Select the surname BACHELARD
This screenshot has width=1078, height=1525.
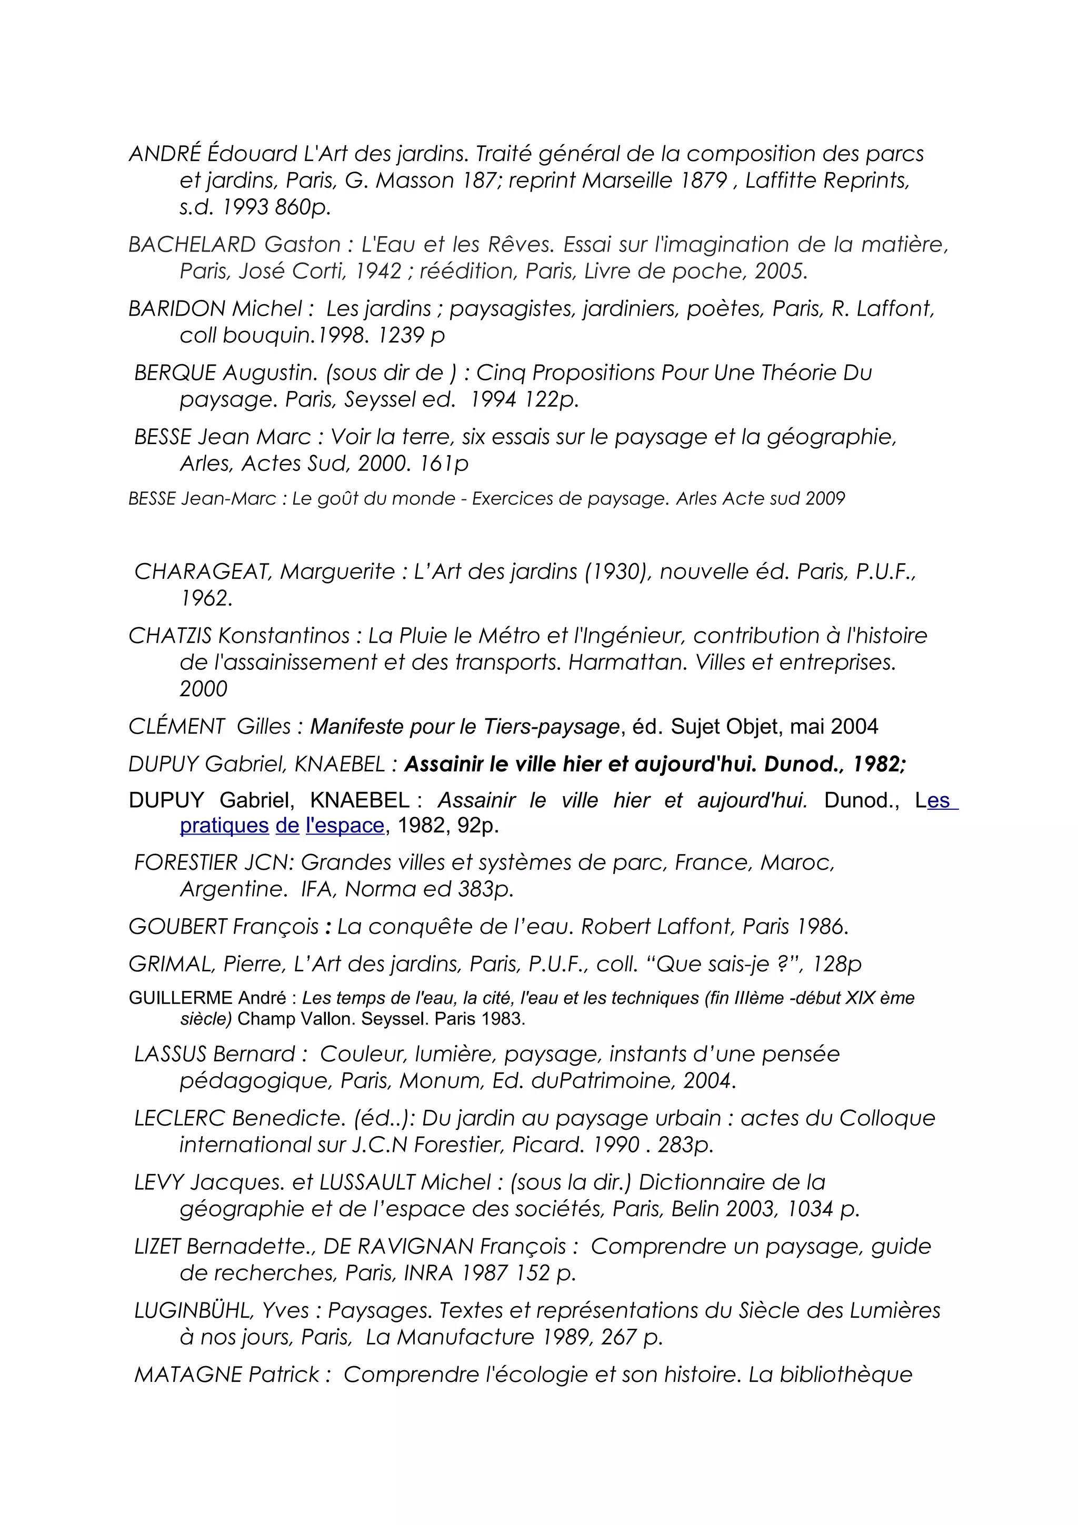[191, 245]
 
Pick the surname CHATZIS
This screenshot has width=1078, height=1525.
[170, 636]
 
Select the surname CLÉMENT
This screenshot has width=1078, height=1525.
[177, 727]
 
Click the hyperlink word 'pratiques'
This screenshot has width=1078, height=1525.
[224, 826]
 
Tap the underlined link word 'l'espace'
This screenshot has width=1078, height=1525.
[345, 826]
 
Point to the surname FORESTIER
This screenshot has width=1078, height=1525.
[185, 863]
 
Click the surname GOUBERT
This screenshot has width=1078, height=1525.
[177, 927]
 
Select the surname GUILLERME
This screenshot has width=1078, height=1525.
[180, 998]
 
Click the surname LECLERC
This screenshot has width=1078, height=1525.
[179, 1119]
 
